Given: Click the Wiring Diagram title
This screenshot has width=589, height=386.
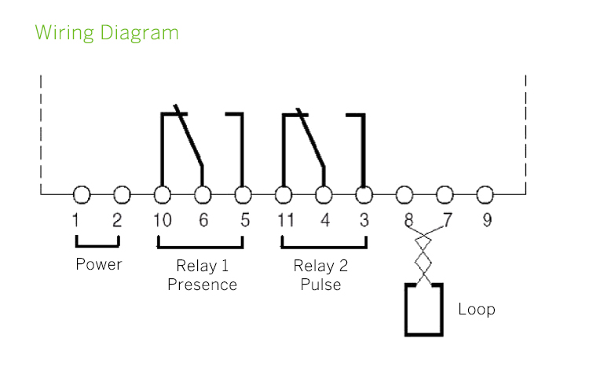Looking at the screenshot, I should tap(107, 34).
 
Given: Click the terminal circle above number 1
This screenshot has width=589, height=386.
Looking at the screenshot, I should tap(82, 194).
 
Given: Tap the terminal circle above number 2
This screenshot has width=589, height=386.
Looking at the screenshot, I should tap(122, 194).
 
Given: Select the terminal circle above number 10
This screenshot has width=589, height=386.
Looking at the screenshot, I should tap(163, 194).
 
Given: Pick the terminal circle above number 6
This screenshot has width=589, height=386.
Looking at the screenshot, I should tap(203, 194).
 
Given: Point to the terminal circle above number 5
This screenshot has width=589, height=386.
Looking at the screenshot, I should tap(243, 194).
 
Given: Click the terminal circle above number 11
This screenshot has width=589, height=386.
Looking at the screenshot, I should tap(284, 194).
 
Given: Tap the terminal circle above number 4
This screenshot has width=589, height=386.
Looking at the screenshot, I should tap(324, 194).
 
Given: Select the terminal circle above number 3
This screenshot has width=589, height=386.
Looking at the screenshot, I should tap(364, 194).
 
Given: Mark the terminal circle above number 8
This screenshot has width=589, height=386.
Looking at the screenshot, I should tap(404, 194).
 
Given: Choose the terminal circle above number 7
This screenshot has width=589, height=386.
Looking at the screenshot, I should tap(445, 194).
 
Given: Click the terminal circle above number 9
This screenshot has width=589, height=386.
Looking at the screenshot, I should tap(485, 194).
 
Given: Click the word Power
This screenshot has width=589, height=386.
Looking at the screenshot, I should tap(99, 264).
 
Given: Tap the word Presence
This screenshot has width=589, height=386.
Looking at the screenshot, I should tap(203, 285).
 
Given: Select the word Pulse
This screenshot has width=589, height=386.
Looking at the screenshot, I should tap(321, 285).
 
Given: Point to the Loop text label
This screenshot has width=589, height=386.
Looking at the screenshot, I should tap(477, 309).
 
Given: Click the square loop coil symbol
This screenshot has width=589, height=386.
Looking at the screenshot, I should tap(424, 310).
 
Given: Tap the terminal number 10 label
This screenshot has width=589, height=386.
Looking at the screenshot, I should tap(163, 221).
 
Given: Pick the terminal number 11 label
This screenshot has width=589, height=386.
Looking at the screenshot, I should tap(285, 221).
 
